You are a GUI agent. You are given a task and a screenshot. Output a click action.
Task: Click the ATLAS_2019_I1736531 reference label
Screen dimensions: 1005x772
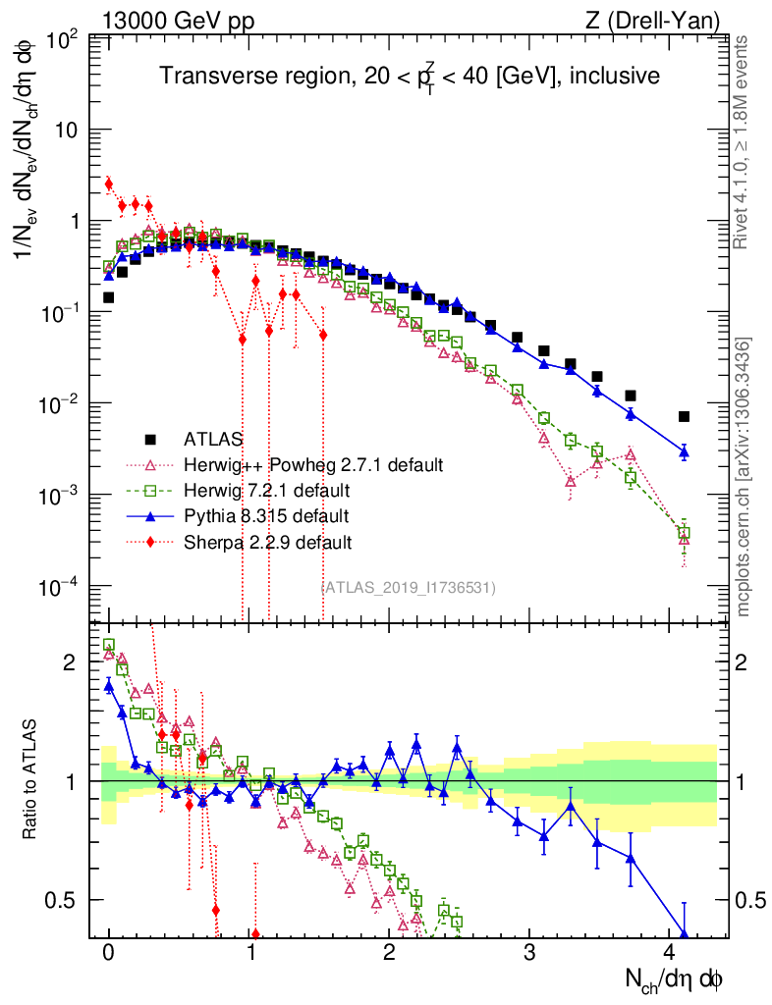[x=409, y=587]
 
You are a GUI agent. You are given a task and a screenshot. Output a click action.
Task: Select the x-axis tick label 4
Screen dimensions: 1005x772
[x=669, y=953]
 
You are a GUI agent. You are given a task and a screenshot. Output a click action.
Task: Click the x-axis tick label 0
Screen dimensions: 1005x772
[x=109, y=953]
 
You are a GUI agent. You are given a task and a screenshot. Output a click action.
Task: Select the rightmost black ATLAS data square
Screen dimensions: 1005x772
[x=684, y=416]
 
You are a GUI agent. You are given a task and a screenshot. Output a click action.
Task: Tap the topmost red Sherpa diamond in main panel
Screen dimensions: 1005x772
[x=109, y=183]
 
